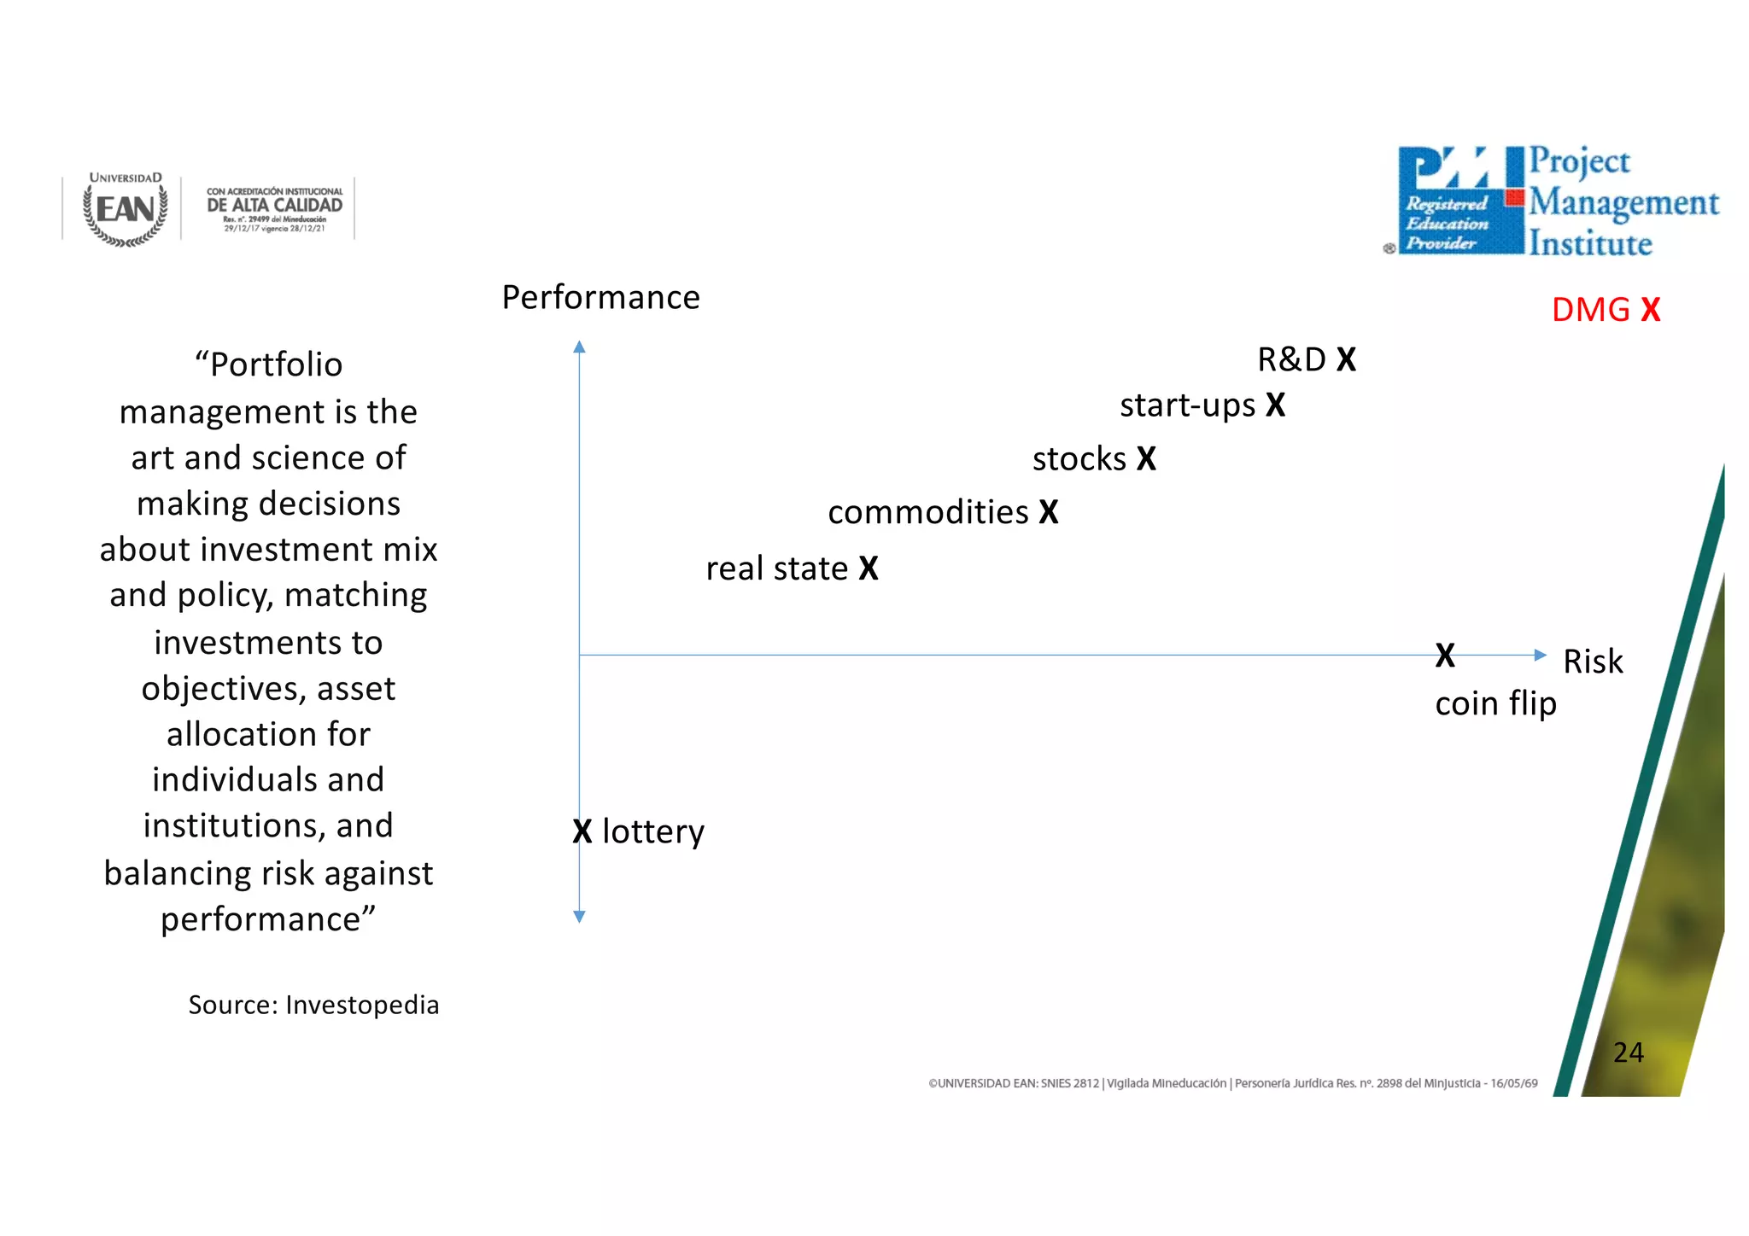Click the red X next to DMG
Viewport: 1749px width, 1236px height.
(x=1650, y=310)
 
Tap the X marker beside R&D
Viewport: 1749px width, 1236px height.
(x=1346, y=359)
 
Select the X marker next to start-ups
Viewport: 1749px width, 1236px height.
(x=1275, y=405)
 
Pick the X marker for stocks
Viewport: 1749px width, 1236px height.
(x=1146, y=459)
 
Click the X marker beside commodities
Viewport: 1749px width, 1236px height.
(x=1049, y=512)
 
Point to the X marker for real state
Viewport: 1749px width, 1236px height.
(x=869, y=568)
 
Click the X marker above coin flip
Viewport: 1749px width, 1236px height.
(x=1445, y=656)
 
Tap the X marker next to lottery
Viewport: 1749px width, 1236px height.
(x=582, y=831)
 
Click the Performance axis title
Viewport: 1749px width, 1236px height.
(x=600, y=298)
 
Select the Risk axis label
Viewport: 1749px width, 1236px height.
(x=1592, y=662)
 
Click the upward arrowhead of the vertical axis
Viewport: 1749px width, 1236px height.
(x=579, y=347)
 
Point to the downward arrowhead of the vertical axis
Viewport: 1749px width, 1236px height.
(x=579, y=917)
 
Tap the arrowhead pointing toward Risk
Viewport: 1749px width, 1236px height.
(x=1540, y=656)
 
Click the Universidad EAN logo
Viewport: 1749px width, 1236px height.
(x=126, y=209)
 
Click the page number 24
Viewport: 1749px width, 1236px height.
(x=1628, y=1052)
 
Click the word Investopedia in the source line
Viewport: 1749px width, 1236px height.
(x=362, y=1006)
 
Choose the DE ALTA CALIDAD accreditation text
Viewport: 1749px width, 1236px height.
(x=274, y=206)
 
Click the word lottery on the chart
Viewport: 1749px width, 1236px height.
(x=653, y=831)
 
